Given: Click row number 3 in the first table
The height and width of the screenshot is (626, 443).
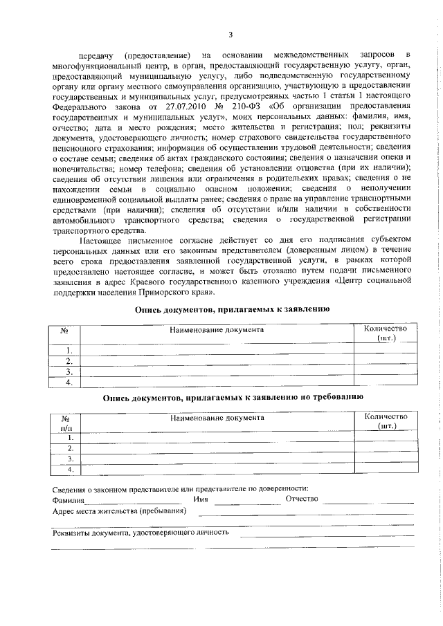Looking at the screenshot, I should [x=68, y=371].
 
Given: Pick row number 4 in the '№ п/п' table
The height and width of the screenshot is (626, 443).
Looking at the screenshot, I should [x=70, y=470].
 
